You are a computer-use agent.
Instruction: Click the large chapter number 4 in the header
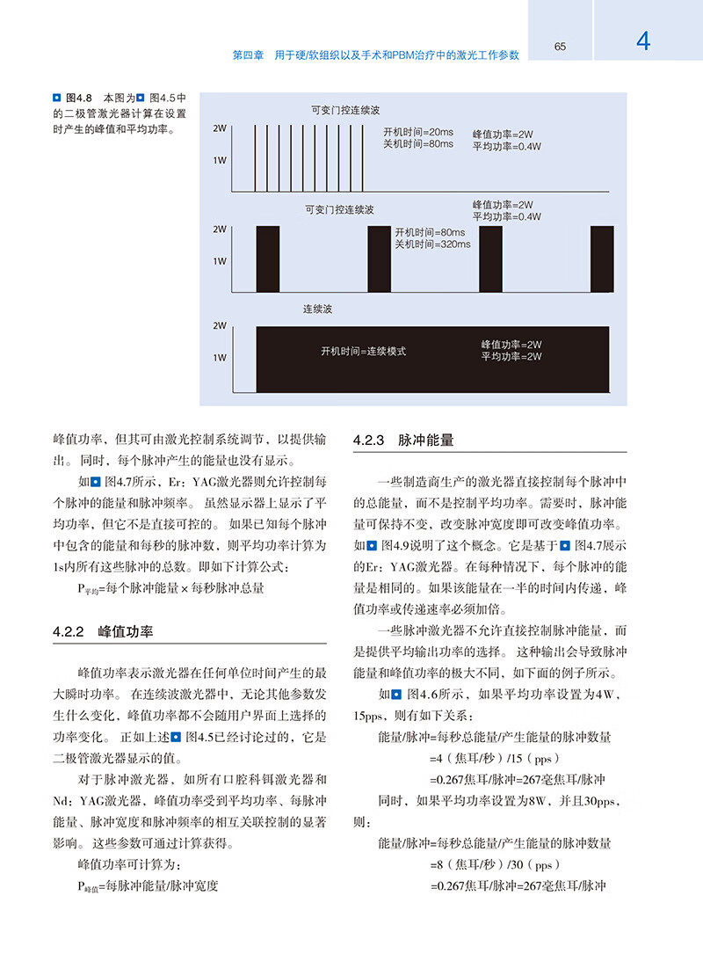point(643,41)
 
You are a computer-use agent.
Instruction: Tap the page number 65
point(560,47)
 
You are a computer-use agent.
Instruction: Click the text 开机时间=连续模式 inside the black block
point(364,351)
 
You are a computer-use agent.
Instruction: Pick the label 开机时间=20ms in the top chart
point(418,132)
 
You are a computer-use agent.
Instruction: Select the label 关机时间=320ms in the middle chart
point(432,244)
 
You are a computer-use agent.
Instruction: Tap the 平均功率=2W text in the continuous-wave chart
point(511,357)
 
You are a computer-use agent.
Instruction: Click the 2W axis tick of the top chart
point(219,129)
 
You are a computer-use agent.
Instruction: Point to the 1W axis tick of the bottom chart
point(219,358)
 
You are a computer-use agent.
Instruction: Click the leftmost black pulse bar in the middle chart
point(267,258)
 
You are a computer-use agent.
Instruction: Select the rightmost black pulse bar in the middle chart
point(602,258)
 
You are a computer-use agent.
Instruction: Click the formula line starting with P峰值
point(148,885)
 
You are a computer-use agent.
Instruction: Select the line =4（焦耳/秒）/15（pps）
point(495,758)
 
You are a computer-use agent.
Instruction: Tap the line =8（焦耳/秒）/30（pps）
point(495,864)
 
